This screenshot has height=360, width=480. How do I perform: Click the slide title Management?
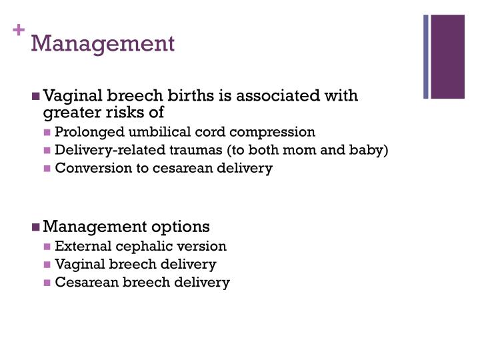click(103, 43)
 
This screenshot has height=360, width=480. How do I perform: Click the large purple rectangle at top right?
click(448, 57)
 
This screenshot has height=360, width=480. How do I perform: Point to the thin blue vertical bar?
click(427, 57)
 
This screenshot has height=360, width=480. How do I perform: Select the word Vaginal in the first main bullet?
click(69, 96)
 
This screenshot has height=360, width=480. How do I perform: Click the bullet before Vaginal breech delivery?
click(47, 265)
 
